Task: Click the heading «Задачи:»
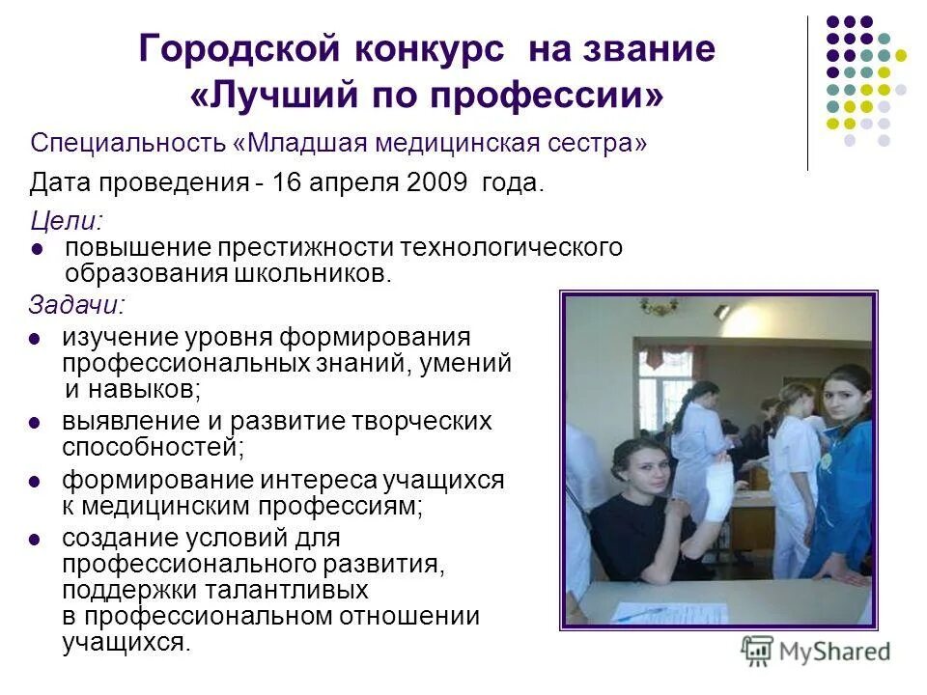tap(76, 305)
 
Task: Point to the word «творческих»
tap(426, 422)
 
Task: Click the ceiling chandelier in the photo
tap(660, 308)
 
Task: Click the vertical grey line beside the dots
tap(807, 93)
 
